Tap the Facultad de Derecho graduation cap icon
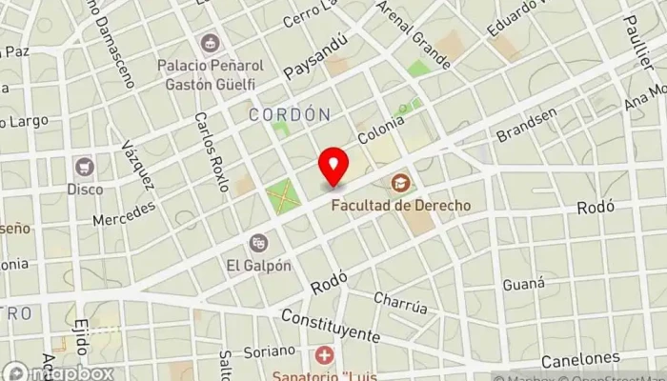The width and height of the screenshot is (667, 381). [398, 181]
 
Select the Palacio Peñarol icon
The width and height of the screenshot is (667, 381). [210, 43]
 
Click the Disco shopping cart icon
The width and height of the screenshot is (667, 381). [84, 167]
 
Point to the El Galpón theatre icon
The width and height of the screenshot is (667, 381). [258, 244]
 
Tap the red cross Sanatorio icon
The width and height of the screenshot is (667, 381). [325, 356]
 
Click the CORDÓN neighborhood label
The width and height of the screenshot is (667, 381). [289, 114]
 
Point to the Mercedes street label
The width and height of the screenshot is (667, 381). [124, 212]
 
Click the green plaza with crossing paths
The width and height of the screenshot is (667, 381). [282, 197]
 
